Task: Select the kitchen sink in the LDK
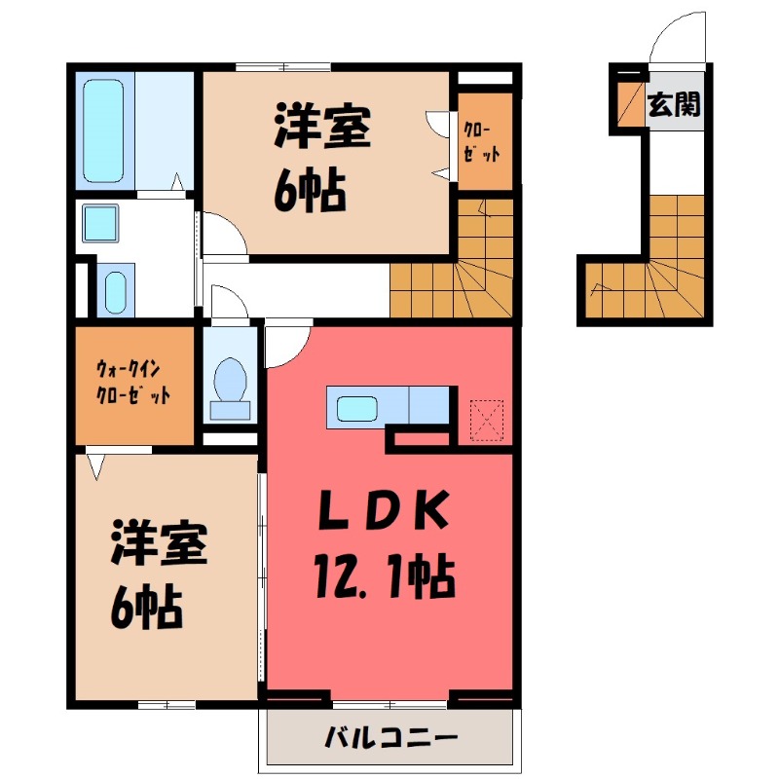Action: pos(355,406)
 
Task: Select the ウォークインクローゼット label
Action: pos(133,382)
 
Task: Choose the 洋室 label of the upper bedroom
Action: pos(321,130)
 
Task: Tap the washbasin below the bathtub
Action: pos(115,289)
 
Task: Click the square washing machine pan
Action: pos(100,222)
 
